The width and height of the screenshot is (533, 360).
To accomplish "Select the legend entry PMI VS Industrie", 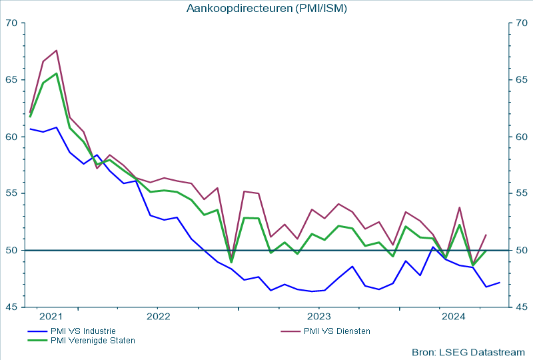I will click(x=83, y=331).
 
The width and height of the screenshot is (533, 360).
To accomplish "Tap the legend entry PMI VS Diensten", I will click(x=336, y=331).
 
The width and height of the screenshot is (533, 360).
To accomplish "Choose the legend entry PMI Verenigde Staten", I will click(x=93, y=341).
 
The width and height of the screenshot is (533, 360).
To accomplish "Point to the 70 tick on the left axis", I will click(x=12, y=23).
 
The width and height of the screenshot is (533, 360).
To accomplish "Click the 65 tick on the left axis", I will click(x=12, y=80).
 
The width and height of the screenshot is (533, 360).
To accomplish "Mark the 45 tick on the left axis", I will click(x=12, y=307).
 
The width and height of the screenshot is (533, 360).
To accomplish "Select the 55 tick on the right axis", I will click(x=522, y=193).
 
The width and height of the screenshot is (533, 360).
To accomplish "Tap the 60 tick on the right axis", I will click(x=522, y=137).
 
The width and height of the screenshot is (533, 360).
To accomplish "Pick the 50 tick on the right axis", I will click(x=522, y=251).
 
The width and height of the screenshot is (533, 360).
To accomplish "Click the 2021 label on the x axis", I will click(x=51, y=316).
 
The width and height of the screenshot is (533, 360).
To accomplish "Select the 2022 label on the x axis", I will click(x=158, y=316).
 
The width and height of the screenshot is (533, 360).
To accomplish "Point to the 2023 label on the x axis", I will click(x=318, y=316).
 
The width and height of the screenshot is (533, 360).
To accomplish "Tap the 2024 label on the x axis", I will click(x=453, y=316).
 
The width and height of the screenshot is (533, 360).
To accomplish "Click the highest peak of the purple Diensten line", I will click(x=57, y=50).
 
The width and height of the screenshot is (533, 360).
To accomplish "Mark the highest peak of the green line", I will click(x=57, y=73).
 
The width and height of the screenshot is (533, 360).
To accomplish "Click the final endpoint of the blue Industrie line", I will click(x=500, y=283).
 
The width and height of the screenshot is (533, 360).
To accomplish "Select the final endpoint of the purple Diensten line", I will click(x=486, y=235).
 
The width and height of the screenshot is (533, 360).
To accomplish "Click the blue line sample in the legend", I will click(x=37, y=331).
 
